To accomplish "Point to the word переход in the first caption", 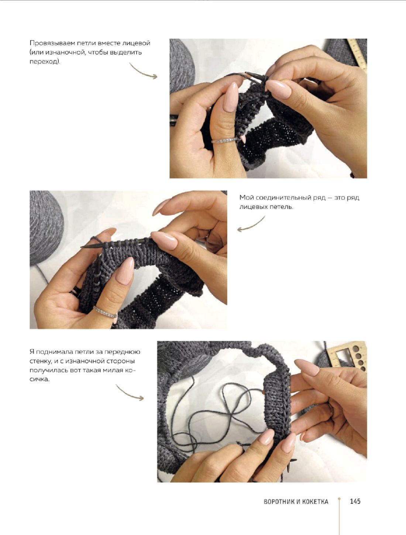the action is click(44, 62).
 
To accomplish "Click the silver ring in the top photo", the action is click(224, 140).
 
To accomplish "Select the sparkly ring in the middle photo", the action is click(105, 312).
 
